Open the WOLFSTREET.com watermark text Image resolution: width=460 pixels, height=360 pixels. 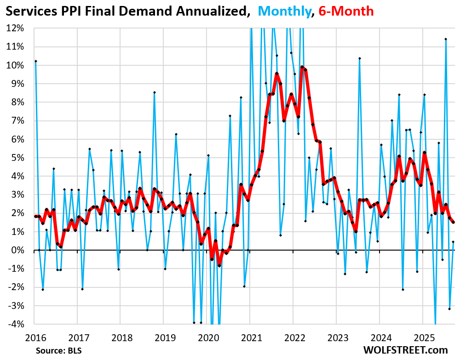(x=405, y=350)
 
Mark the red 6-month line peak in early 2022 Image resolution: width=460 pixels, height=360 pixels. (x=302, y=67)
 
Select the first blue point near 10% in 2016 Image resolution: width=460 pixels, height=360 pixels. (x=35, y=61)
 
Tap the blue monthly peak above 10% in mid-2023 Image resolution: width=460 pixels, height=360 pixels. (x=359, y=58)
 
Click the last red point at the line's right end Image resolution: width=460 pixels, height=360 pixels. (x=453, y=222)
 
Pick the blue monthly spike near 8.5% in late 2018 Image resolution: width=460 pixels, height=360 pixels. (x=155, y=92)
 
